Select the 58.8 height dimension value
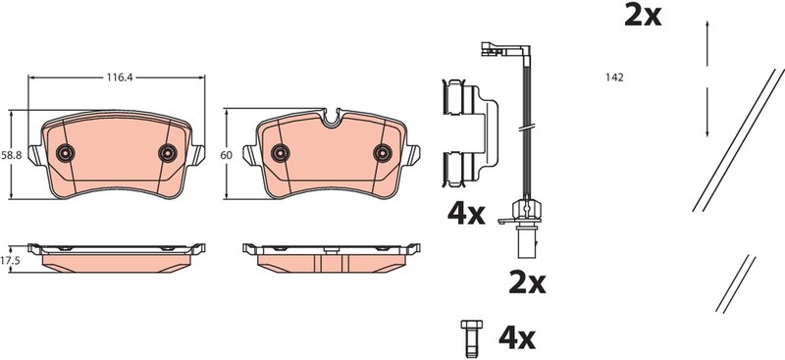[x=11, y=155]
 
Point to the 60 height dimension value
[x=226, y=155]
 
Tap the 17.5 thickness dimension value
[x=11, y=260]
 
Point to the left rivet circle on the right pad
[x=281, y=151]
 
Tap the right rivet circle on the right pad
[x=383, y=151]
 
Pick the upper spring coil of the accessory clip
[x=454, y=96]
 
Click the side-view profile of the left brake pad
[x=117, y=254]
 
